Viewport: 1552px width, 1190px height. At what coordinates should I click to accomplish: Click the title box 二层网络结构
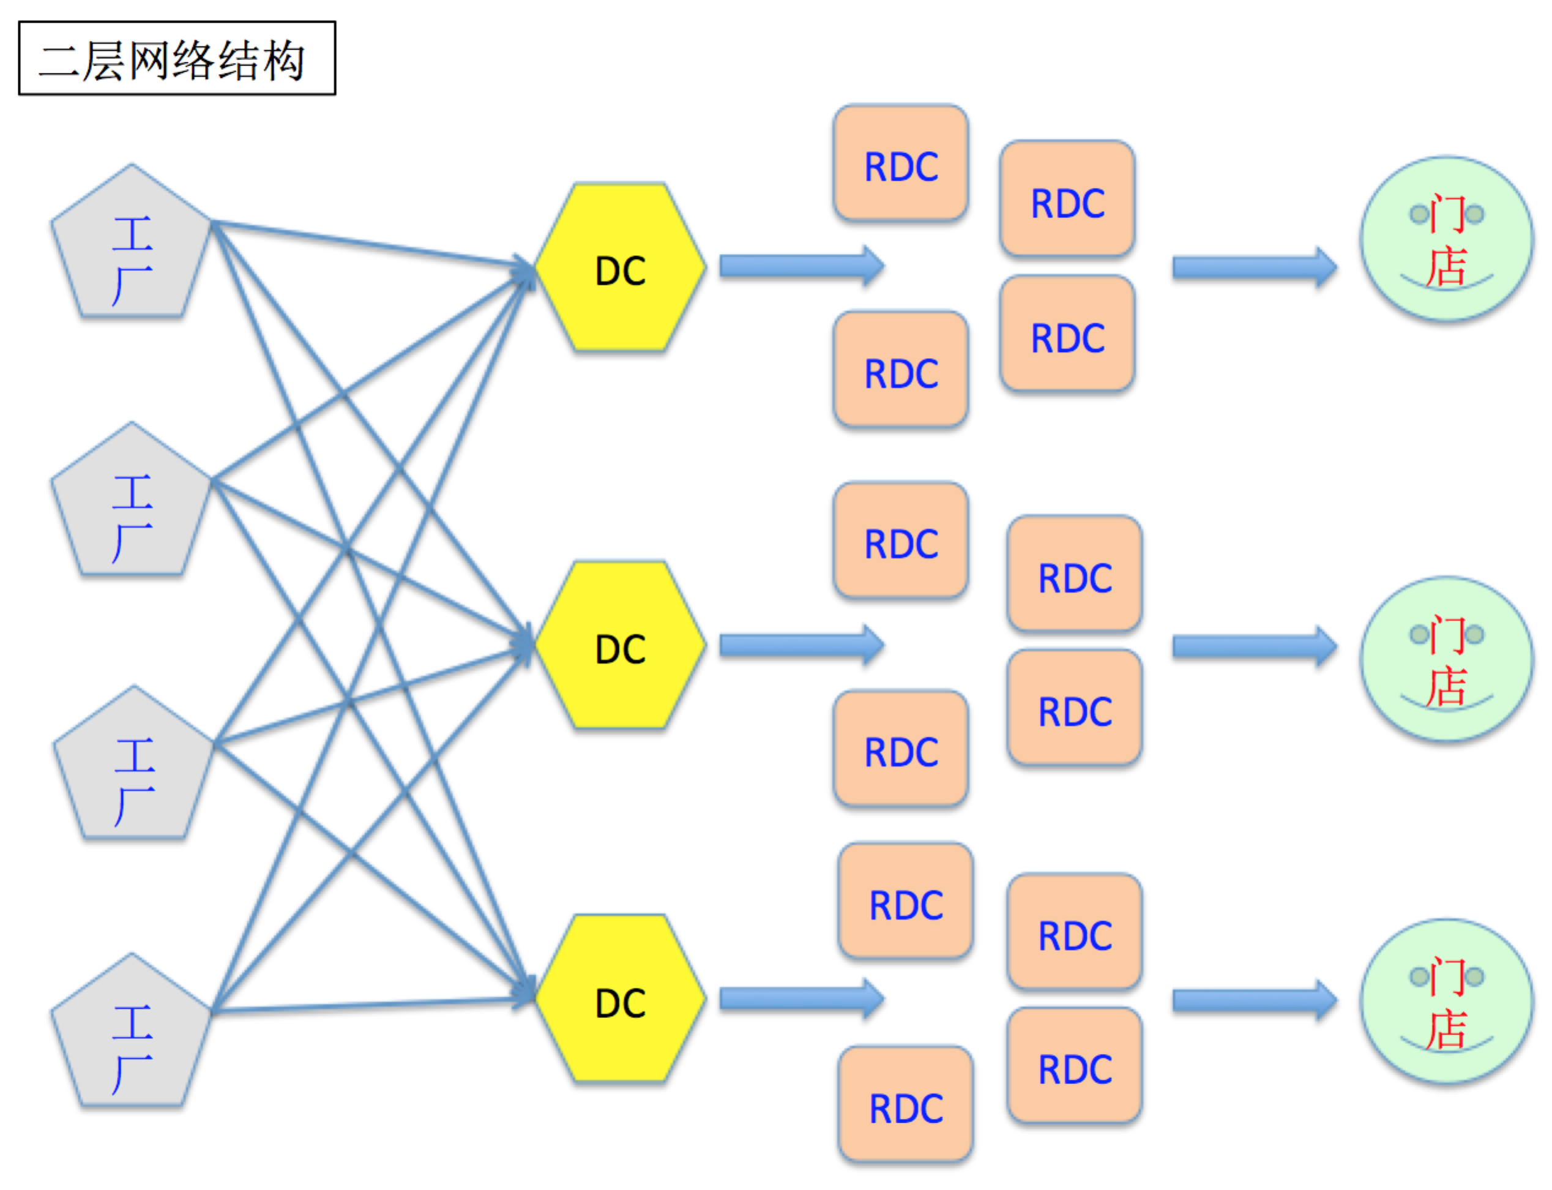pyautogui.click(x=177, y=58)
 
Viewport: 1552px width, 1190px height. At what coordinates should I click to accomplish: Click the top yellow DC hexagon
pyautogui.click(x=620, y=268)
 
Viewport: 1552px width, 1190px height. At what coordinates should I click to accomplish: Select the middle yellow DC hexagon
pyautogui.click(x=620, y=646)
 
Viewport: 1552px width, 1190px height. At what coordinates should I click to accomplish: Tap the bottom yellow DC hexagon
pyautogui.click(x=620, y=999)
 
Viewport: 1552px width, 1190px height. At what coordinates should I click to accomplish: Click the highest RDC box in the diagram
pyautogui.click(x=901, y=163)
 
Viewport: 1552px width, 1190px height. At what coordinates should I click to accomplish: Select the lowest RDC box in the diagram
pyautogui.click(x=906, y=1105)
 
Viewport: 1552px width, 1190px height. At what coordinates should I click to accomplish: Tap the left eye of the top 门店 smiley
pyautogui.click(x=1419, y=214)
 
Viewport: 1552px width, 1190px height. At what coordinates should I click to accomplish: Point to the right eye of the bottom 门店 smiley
pyautogui.click(x=1474, y=977)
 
